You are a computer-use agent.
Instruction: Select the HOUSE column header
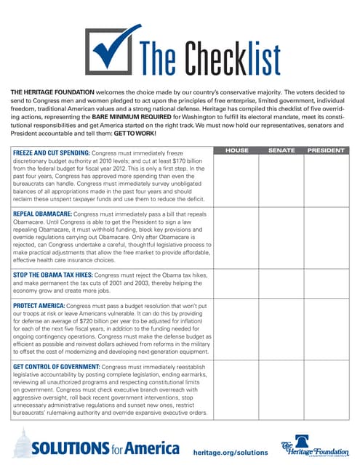[236, 150]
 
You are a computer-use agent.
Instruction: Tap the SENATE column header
[281, 150]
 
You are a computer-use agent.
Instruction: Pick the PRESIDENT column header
[326, 150]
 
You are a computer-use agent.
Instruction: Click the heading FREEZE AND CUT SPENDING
[51, 153]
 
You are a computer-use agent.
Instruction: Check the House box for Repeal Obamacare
[236, 239]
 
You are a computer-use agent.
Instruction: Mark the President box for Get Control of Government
[326, 392]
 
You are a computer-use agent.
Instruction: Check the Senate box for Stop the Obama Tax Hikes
[281, 285]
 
